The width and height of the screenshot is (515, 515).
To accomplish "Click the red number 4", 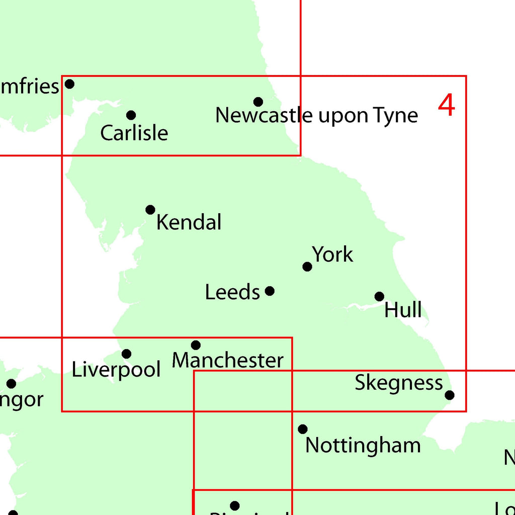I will click(x=447, y=106).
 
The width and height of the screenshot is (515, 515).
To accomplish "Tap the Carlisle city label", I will click(x=134, y=133).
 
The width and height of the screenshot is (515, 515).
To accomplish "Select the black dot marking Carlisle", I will click(x=131, y=115).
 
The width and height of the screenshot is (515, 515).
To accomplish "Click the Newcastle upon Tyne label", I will click(x=316, y=115).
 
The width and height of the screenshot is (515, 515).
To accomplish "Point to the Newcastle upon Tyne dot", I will click(x=258, y=102).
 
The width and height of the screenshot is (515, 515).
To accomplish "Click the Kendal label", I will click(x=189, y=222).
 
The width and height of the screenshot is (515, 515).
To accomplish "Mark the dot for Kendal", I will click(x=150, y=210).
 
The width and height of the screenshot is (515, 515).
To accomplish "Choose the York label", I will click(x=332, y=254).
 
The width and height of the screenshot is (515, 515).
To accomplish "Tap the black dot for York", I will click(x=307, y=267).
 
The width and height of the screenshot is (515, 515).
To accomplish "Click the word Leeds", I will click(x=232, y=292).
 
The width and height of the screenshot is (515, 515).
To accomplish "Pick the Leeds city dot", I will click(x=270, y=291).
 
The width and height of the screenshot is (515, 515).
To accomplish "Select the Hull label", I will click(x=403, y=310).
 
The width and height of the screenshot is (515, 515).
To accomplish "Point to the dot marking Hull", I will click(x=380, y=297).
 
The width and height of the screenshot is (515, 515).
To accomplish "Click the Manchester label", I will click(x=228, y=360).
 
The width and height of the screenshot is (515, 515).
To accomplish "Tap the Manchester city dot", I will click(x=196, y=345).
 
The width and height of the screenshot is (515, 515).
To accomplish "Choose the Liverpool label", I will click(x=116, y=370).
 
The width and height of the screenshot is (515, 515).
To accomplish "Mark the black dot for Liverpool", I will click(x=127, y=354).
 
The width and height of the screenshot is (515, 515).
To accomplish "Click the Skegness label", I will click(x=399, y=383).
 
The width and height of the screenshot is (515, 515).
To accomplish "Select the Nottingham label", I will click(x=363, y=445).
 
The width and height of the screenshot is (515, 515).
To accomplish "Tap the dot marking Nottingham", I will click(x=303, y=429).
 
